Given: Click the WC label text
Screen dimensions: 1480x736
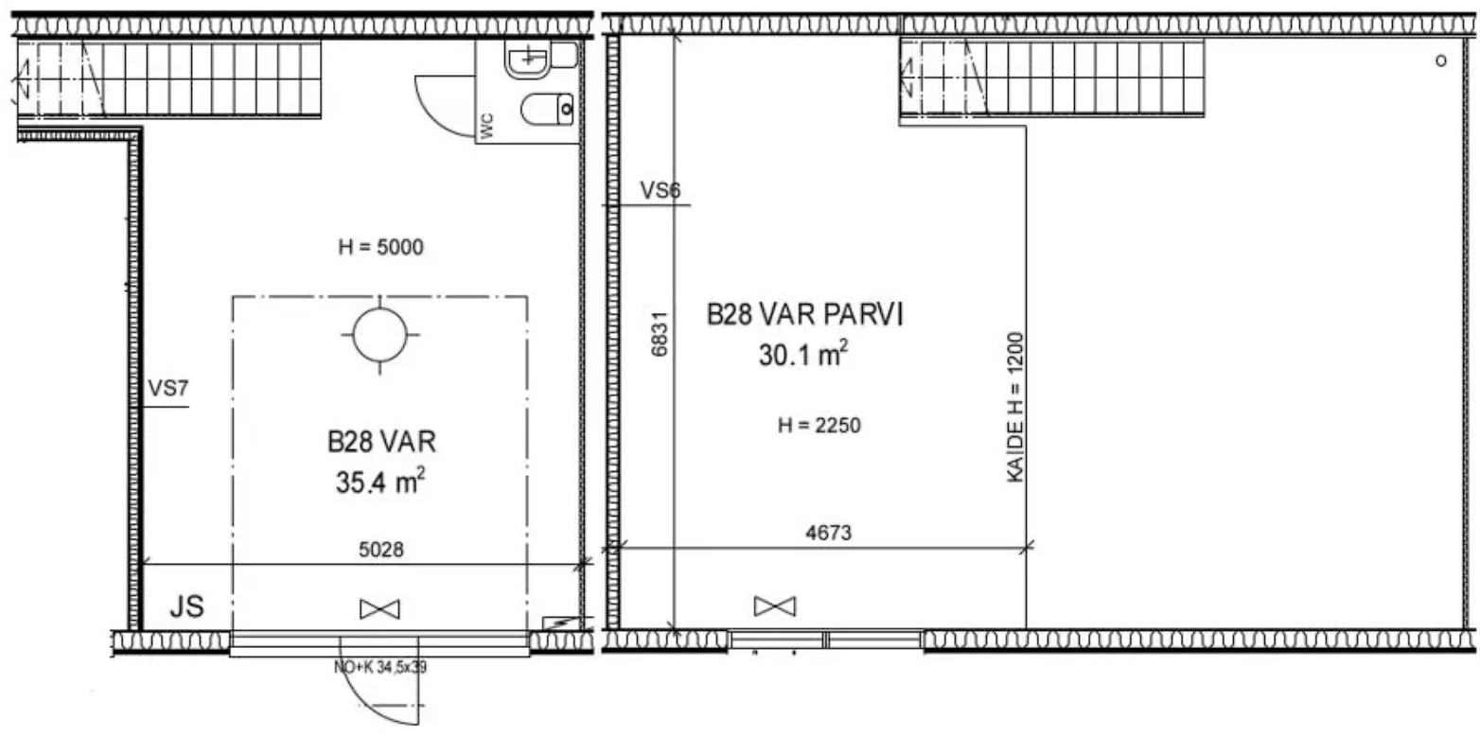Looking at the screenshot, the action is point(487,126).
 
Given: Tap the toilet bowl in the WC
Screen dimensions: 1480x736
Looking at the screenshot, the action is point(547,109).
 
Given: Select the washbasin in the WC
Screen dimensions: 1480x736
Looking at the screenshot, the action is point(528,58).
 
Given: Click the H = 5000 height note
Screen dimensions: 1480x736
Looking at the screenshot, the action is point(380,247).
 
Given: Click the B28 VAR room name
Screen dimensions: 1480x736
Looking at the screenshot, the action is point(382,442).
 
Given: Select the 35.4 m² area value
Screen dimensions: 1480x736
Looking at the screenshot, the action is point(379,482).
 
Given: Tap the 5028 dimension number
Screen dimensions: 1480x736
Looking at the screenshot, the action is point(380,549).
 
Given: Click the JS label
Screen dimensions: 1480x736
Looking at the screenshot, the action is point(187,606).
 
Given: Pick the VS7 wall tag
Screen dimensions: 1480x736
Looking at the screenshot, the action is point(167,388).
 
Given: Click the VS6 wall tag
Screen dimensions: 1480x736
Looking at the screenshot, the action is point(661,190).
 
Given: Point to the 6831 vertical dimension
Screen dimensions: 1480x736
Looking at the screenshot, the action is point(660,334).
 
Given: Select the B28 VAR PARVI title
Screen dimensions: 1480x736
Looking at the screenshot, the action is point(804,314).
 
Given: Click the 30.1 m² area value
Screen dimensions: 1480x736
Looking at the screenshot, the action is point(802,354).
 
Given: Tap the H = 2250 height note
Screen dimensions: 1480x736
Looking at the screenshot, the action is point(819,425).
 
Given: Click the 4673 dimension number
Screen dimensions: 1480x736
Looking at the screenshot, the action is point(829,533).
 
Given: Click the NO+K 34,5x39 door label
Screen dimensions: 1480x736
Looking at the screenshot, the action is point(379,667).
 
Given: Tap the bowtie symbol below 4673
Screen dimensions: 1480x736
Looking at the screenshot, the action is point(775,605).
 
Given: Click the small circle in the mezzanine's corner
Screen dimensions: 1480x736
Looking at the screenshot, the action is point(1441,61).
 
